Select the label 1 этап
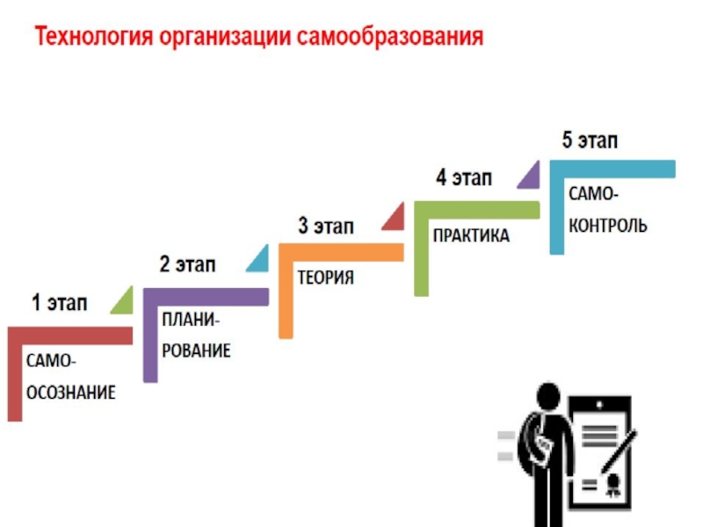click(60, 304)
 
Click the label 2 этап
click(187, 263)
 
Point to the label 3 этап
click(326, 227)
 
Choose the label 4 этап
click(463, 178)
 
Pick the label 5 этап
click(590, 141)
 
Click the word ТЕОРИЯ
click(325, 278)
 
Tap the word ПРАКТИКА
click(470, 236)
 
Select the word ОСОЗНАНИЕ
click(70, 392)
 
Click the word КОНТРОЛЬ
click(607, 226)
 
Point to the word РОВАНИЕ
click(196, 351)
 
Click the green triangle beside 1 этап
click(123, 301)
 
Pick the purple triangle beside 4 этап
click(529, 177)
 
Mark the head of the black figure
click(549, 396)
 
